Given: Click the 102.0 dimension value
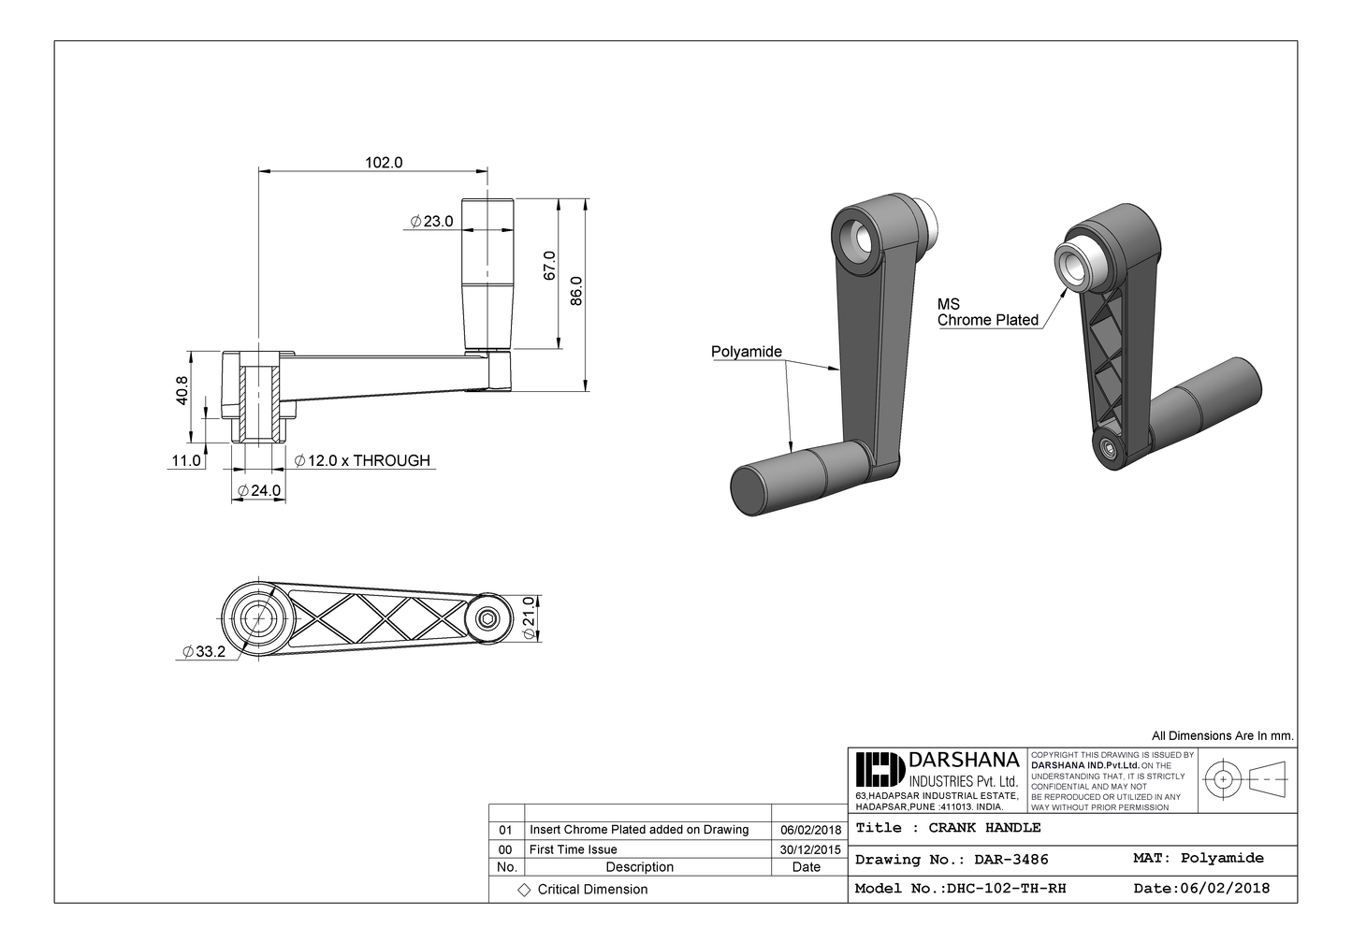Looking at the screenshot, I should point(383,162).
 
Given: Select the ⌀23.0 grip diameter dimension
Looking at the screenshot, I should point(431,222).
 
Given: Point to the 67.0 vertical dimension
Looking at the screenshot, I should point(550,265).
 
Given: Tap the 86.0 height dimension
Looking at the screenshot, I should point(577,290).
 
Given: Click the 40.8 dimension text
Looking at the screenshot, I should point(182,390).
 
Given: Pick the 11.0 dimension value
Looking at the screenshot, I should point(185,460).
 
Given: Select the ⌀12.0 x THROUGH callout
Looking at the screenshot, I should point(362,460).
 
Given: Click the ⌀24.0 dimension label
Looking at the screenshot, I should point(258,490).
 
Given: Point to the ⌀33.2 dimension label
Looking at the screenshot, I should point(204,652).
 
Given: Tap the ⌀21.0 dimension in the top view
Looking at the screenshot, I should point(529,618).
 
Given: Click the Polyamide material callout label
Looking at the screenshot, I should point(746,352).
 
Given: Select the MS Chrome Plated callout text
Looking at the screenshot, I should point(987,312).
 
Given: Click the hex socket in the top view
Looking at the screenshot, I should point(487,618).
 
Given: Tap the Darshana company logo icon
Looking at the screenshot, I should point(880,770).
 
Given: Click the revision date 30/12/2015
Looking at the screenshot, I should point(809,849).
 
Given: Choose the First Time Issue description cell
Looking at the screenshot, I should point(573,849).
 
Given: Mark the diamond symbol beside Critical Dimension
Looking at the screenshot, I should point(524,889).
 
